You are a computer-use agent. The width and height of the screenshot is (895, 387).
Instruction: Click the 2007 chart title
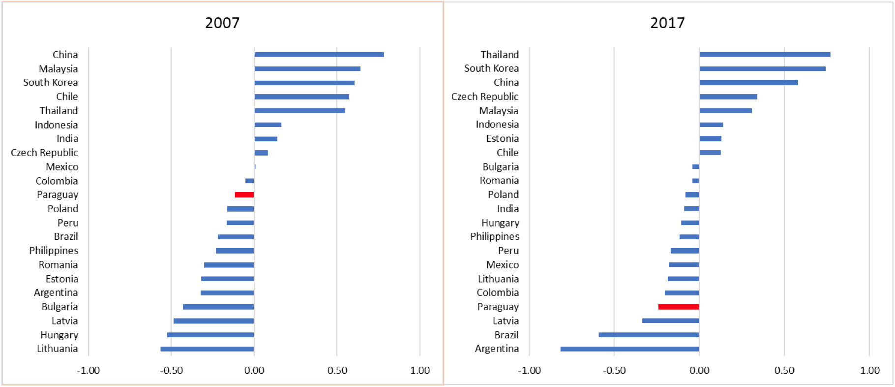point(222,23)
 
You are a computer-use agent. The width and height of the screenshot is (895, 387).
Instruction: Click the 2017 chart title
point(667,23)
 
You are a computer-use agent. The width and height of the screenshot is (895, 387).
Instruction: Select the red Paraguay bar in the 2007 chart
point(244,195)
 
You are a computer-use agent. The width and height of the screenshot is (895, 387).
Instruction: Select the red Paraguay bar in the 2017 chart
point(679,307)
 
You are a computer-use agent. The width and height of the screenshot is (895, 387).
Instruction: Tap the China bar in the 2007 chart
point(319,55)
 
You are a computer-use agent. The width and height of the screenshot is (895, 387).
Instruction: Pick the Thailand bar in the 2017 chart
point(765,55)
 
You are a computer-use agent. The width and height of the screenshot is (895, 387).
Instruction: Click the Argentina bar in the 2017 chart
point(629,349)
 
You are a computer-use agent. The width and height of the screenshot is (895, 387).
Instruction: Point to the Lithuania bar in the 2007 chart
point(207,349)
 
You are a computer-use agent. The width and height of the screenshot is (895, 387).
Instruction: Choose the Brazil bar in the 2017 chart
point(649,335)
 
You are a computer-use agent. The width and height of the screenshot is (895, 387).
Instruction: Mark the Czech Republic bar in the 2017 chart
point(728,97)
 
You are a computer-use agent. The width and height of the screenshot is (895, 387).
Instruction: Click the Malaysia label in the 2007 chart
point(58,69)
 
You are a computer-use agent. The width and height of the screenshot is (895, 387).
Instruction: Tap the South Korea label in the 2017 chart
point(491,68)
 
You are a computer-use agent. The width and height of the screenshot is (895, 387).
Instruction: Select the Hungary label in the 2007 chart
point(59,335)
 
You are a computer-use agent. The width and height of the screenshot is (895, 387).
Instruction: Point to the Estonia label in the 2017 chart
point(502,139)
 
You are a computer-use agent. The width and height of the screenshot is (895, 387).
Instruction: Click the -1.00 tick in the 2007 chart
point(88,371)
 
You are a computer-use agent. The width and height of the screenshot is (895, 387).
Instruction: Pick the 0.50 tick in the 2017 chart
point(784,371)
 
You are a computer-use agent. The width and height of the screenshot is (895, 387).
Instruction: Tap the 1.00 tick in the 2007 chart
point(420,371)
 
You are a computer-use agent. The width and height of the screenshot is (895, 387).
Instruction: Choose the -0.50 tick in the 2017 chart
point(614,371)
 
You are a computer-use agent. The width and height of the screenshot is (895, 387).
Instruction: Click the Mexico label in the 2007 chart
point(62,167)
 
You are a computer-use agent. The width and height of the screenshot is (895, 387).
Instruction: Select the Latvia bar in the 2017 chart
point(670,321)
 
